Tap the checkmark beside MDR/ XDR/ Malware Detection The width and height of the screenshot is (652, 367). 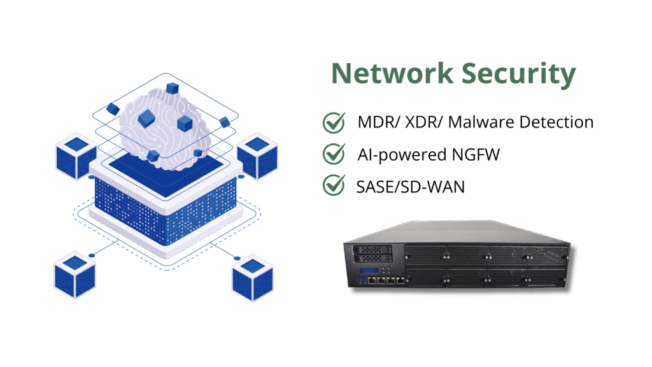tap(334, 122)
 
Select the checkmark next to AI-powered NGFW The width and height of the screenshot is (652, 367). tap(334, 154)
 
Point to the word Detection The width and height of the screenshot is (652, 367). tap(557, 122)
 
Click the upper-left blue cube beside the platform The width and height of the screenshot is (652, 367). tap(76, 155)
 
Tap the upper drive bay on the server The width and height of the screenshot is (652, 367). tap(371, 250)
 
